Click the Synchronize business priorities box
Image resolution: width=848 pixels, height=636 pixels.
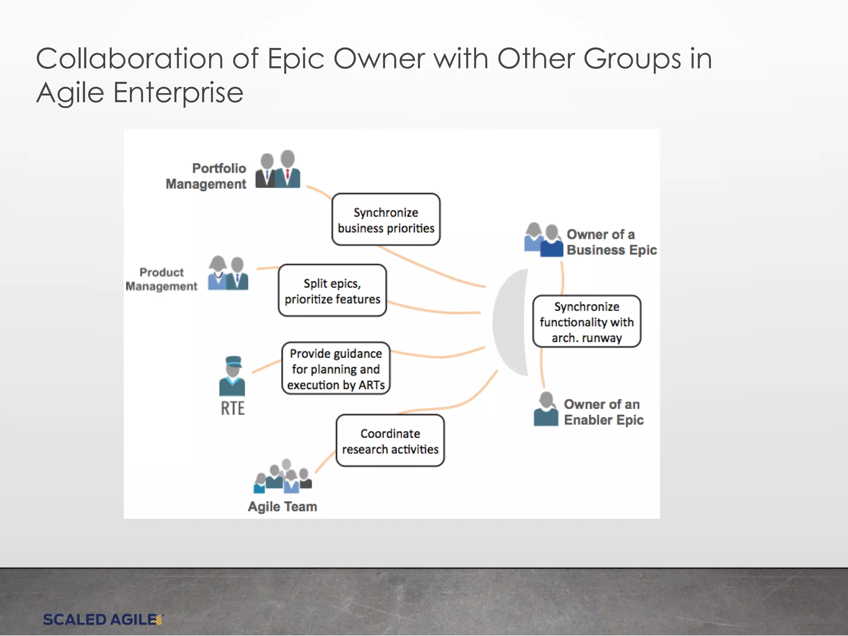(x=386, y=219)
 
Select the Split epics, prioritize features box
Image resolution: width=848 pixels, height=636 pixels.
(x=332, y=291)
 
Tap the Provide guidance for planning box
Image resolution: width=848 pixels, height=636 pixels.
(x=336, y=369)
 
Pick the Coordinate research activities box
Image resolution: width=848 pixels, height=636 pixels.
(x=390, y=441)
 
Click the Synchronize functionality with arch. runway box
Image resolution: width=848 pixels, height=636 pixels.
(x=587, y=322)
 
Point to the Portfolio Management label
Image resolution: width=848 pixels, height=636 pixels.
(x=206, y=176)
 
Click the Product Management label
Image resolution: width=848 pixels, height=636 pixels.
(x=161, y=279)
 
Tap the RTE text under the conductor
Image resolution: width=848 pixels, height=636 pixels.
(x=233, y=408)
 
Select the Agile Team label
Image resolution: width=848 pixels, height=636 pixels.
(x=282, y=506)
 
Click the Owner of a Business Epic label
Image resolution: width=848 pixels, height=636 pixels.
(x=611, y=242)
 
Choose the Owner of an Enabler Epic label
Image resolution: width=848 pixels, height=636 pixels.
(x=603, y=412)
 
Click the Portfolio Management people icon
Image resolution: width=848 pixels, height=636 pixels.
(x=278, y=170)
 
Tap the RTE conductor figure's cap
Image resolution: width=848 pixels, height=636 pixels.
(x=233, y=361)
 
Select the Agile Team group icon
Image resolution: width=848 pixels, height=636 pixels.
(x=283, y=477)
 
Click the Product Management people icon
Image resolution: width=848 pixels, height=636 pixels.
(x=228, y=274)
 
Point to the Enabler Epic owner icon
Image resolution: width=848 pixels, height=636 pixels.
(x=546, y=410)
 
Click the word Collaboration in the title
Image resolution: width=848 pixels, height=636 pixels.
(x=130, y=58)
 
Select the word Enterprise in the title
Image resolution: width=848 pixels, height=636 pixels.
(x=178, y=92)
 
